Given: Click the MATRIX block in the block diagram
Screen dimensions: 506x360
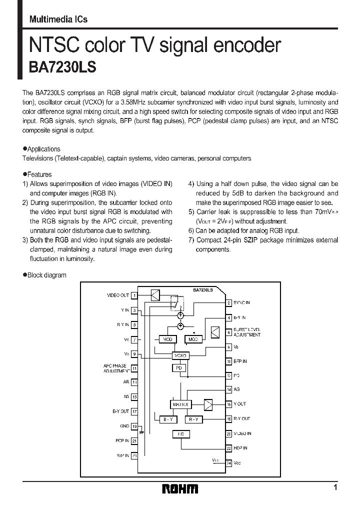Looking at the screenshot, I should click(x=180, y=403).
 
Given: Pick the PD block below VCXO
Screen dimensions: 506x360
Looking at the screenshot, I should click(x=178, y=368).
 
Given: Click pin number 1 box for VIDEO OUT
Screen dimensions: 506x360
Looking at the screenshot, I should click(x=134, y=295).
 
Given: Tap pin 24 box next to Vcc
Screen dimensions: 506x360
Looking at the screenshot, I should click(x=228, y=463).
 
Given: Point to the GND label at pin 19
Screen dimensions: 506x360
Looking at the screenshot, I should click(x=124, y=426).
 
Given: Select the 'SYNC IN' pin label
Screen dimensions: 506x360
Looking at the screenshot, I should click(x=242, y=302).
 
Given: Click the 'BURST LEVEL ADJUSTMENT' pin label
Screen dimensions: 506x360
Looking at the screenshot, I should click(x=247, y=332).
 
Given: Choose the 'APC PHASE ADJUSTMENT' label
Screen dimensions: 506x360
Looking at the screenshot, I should click(x=115, y=368).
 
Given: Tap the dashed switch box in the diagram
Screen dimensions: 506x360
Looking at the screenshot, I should click(x=177, y=303).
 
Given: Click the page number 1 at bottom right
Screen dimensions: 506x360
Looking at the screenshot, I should click(x=335, y=487).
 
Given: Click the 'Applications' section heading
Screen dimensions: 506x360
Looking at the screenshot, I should click(x=43, y=149).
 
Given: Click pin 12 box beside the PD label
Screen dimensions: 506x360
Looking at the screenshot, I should click(x=228, y=375).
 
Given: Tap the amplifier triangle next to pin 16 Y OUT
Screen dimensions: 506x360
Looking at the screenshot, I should click(x=208, y=403).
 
